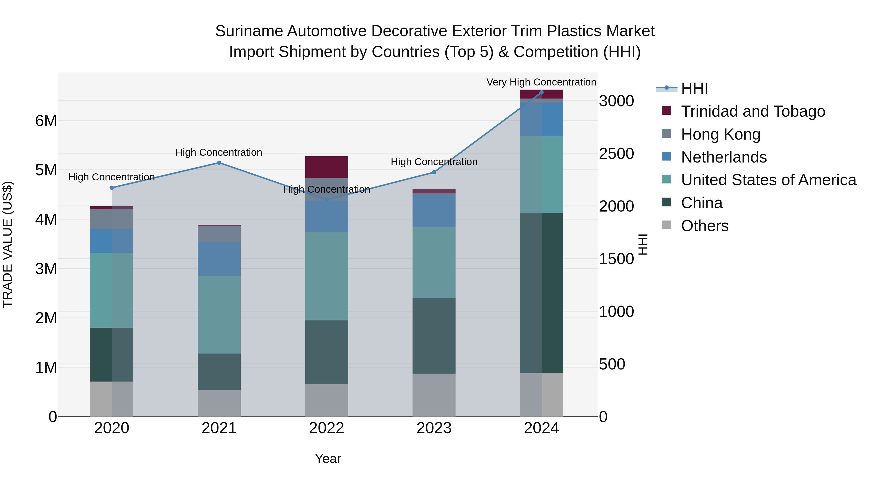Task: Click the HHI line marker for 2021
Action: [219, 163]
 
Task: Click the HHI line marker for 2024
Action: [541, 92]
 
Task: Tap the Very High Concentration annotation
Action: [541, 82]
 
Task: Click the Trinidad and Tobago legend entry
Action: [753, 111]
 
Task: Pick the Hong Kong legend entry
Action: [720, 134]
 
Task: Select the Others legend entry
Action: [704, 226]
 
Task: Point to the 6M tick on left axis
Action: [46, 121]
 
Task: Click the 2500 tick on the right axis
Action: [616, 154]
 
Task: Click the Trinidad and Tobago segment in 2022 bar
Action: [326, 167]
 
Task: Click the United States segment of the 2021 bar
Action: [219, 314]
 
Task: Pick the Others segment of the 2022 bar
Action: [326, 400]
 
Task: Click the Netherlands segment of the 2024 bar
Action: [541, 120]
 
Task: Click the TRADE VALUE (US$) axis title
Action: [7, 244]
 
